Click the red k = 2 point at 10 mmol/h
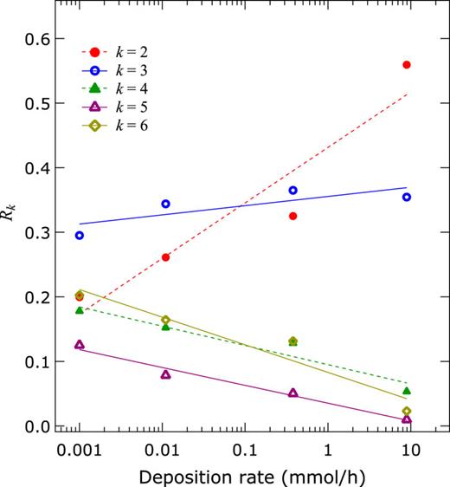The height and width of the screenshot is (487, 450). [x=407, y=65]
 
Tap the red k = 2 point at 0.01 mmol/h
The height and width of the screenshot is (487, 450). [x=165, y=257]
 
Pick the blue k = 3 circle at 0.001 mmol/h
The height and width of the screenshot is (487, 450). [x=80, y=236]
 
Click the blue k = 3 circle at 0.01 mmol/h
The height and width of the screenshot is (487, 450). [x=165, y=204]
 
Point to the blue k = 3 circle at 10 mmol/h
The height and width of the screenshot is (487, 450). [x=407, y=198]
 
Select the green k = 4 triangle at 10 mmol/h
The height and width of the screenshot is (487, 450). [x=407, y=391]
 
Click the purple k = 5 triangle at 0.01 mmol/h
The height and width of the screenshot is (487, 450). [x=165, y=374]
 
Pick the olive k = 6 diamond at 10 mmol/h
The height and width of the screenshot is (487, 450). [x=407, y=411]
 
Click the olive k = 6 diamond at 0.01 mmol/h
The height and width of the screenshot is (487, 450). [x=165, y=320]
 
